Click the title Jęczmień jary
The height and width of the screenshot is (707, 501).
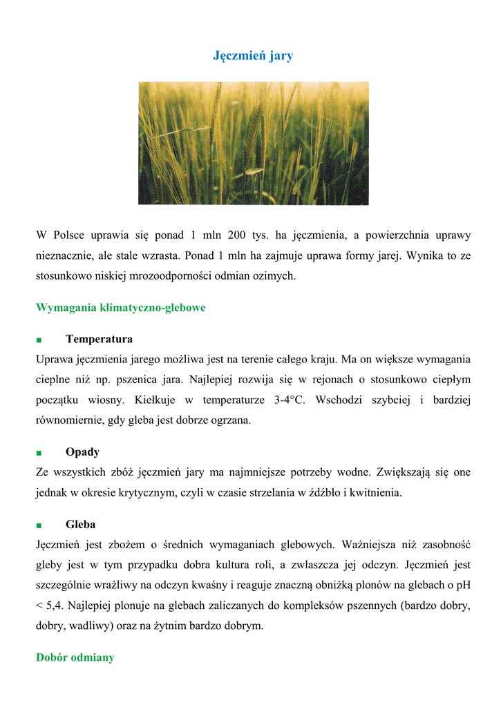pos(253,56)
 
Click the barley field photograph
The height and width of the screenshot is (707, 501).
pos(253,143)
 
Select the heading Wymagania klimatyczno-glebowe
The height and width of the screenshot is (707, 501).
pos(120,307)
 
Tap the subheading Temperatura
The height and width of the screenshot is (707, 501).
pos(99,339)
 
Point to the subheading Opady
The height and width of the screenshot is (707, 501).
pos(82,452)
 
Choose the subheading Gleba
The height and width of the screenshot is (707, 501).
pos(80,525)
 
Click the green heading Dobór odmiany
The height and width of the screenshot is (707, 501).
pos(75,657)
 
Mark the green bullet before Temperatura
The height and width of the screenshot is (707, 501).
pos(39,340)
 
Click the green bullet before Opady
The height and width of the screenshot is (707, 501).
pos(39,453)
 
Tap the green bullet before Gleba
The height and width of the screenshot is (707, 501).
pos(39,526)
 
